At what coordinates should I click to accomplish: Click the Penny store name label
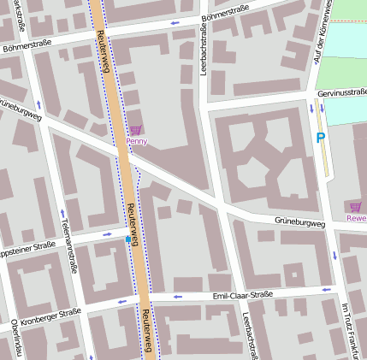click(x=136, y=141)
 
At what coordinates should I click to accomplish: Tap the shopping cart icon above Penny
click(x=135, y=130)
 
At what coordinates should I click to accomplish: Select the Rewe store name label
click(x=356, y=217)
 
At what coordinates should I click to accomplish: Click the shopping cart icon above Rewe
click(x=355, y=206)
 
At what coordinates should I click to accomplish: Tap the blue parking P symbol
click(x=322, y=138)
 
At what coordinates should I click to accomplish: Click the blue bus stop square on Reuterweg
click(x=128, y=240)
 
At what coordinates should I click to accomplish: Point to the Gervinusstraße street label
click(x=341, y=92)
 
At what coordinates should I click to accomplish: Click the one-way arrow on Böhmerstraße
click(x=175, y=23)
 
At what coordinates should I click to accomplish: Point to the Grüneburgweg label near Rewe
click(x=299, y=223)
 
